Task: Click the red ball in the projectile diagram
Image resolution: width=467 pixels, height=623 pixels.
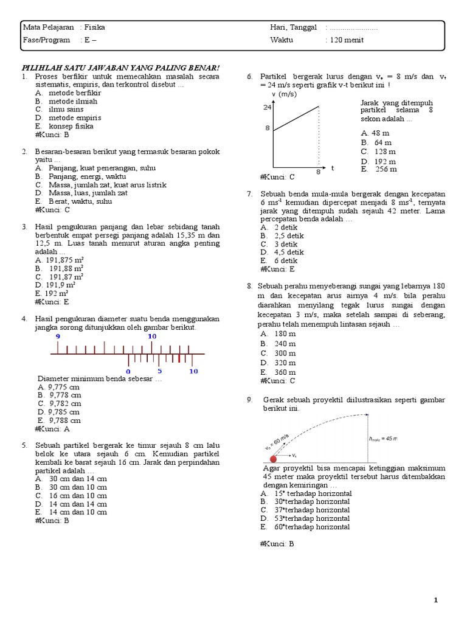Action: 273,458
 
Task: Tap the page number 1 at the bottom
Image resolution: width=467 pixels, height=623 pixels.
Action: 436,600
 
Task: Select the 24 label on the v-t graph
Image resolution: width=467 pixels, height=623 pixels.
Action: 267,107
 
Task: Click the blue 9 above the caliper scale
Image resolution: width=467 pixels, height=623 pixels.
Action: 58,336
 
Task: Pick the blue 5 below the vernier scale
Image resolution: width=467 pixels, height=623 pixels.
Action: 160,371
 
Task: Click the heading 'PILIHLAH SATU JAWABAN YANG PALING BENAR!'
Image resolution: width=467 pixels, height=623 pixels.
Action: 121,68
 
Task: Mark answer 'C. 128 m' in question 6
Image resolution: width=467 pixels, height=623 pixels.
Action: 378,151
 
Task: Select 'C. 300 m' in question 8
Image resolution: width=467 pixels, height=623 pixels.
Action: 278,353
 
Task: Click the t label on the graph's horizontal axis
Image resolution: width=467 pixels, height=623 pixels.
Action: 333,167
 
